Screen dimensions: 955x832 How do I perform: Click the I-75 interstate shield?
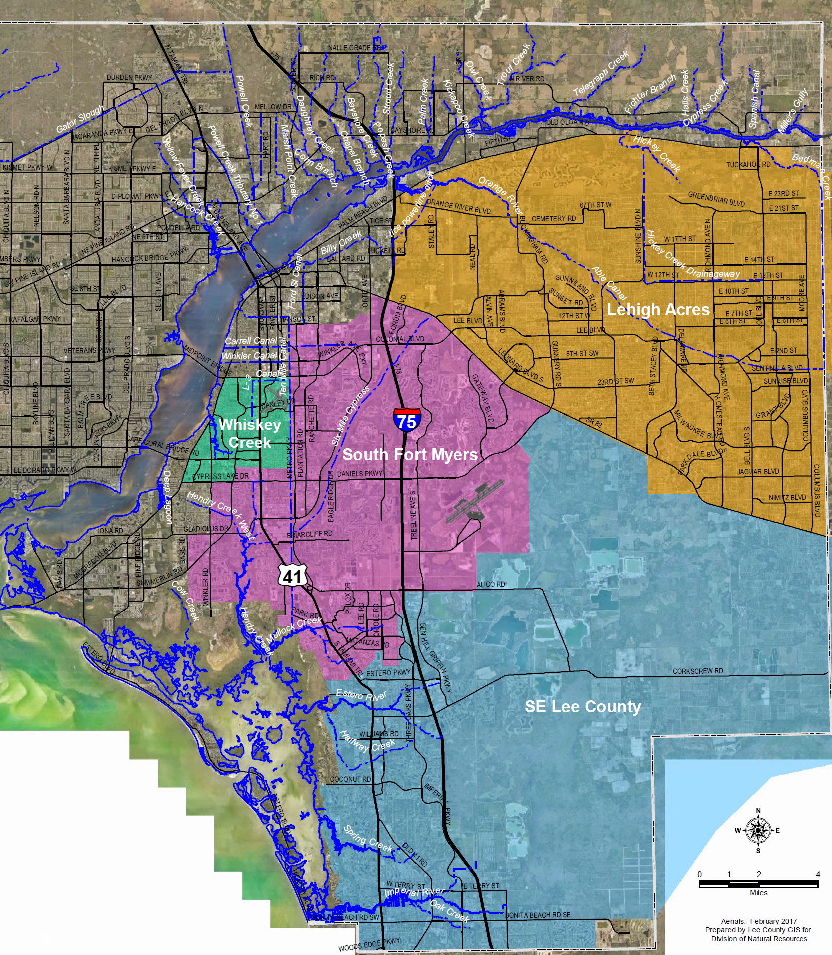(406, 419)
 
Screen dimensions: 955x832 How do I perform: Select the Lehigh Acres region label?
(658, 310)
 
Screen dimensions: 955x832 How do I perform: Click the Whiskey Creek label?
(250, 433)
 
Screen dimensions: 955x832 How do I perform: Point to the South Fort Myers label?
(410, 454)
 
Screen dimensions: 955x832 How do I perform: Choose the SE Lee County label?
(583, 706)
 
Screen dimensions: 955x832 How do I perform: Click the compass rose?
(758, 830)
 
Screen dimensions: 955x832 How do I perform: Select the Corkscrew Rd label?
(697, 671)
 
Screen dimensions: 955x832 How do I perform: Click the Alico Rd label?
(491, 584)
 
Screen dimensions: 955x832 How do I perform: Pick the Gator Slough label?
(80, 119)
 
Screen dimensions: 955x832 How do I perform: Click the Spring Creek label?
(368, 839)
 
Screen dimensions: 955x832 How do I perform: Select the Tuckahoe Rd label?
(748, 165)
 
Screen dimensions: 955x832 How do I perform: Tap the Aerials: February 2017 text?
(759, 921)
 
